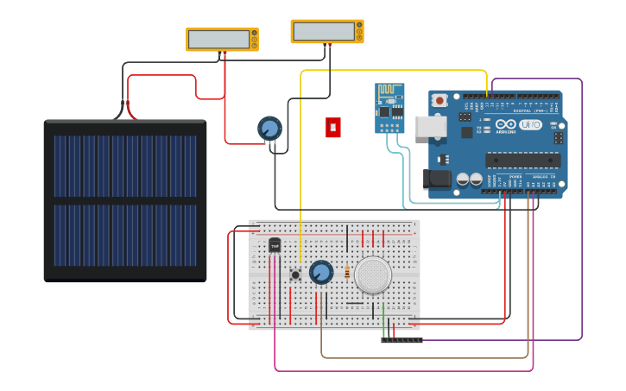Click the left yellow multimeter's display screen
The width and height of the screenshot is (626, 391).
coord(218,39)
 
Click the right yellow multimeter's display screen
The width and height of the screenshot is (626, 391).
coord(323,31)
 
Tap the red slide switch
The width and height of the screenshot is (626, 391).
coord(333,127)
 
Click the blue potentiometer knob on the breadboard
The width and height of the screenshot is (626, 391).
coord(321,273)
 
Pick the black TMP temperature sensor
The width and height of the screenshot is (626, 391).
coord(275,245)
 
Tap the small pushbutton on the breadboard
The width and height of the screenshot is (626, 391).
coord(295,274)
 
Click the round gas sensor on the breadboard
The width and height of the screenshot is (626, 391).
coord(373,274)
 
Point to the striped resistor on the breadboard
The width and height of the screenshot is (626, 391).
coord(347,274)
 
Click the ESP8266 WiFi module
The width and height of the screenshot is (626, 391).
coord(389,107)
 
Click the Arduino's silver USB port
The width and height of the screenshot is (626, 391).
coord(430,126)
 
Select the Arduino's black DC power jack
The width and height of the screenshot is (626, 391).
coord(437,179)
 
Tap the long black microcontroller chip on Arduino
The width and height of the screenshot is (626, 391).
coord(522,159)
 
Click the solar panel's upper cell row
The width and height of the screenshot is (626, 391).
coord(124,165)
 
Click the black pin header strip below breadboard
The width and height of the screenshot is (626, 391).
coord(402,340)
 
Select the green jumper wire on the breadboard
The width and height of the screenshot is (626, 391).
coord(383,320)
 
